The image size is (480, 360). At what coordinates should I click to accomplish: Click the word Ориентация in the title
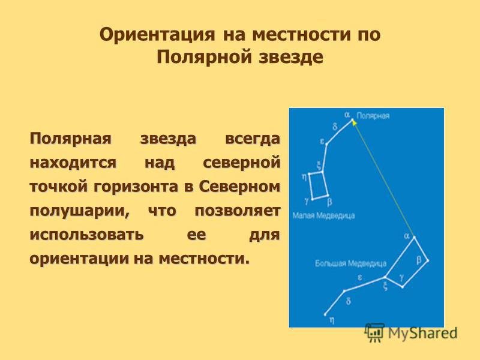157,34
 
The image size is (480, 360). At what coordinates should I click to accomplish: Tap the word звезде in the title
292,57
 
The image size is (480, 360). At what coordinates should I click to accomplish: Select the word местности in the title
302,34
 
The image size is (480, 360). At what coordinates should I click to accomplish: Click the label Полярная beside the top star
373,116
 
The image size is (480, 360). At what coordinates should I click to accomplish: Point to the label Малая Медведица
323,215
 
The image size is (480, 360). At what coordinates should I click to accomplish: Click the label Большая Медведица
351,263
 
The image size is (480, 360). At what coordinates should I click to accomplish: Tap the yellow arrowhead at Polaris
354,122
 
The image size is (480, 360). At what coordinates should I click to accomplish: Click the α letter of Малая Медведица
347,115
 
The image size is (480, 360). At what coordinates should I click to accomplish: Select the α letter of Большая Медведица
407,236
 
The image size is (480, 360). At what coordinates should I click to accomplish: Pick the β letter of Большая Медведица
419,260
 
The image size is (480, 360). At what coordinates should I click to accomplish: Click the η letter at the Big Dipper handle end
332,320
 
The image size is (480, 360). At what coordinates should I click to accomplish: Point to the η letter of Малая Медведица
304,176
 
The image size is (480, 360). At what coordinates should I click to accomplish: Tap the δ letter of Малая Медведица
335,126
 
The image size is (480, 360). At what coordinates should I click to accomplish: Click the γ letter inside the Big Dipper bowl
401,277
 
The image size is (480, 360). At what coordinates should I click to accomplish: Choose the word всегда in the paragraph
253,139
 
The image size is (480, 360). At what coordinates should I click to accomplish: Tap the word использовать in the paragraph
86,235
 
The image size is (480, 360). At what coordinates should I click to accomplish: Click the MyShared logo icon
374,332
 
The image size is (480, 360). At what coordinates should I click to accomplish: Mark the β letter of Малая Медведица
329,202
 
